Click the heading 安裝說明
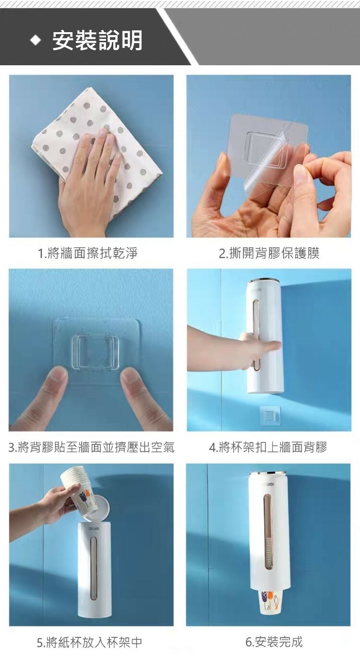(x=97, y=40)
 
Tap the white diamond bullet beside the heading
(x=36, y=40)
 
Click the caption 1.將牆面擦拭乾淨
(x=88, y=253)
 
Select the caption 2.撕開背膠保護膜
(x=269, y=253)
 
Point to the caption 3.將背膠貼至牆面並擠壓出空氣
(x=91, y=447)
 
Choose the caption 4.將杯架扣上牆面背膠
(x=268, y=447)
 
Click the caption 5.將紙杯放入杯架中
(x=89, y=642)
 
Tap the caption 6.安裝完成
(x=274, y=642)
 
